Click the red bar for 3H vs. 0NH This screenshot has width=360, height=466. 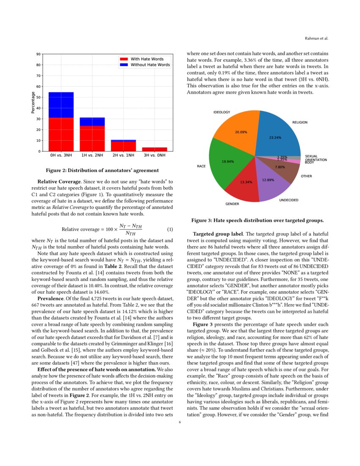click(x=155, y=149)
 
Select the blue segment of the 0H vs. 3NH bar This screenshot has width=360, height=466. click(x=61, y=105)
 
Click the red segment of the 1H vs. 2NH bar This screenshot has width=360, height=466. click(x=92, y=138)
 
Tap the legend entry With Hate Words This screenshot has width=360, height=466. click(x=147, y=59)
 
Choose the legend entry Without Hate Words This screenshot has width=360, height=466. click(x=150, y=65)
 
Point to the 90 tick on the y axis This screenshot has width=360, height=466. click(x=39, y=54)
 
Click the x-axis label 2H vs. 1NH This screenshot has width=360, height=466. click(x=123, y=156)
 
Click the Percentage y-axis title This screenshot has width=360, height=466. click(x=33, y=103)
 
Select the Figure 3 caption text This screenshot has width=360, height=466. click(x=258, y=220)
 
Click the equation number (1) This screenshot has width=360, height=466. click(x=170, y=230)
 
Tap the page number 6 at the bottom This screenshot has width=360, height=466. click(x=180, y=422)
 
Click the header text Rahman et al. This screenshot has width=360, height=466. click(x=316, y=39)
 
